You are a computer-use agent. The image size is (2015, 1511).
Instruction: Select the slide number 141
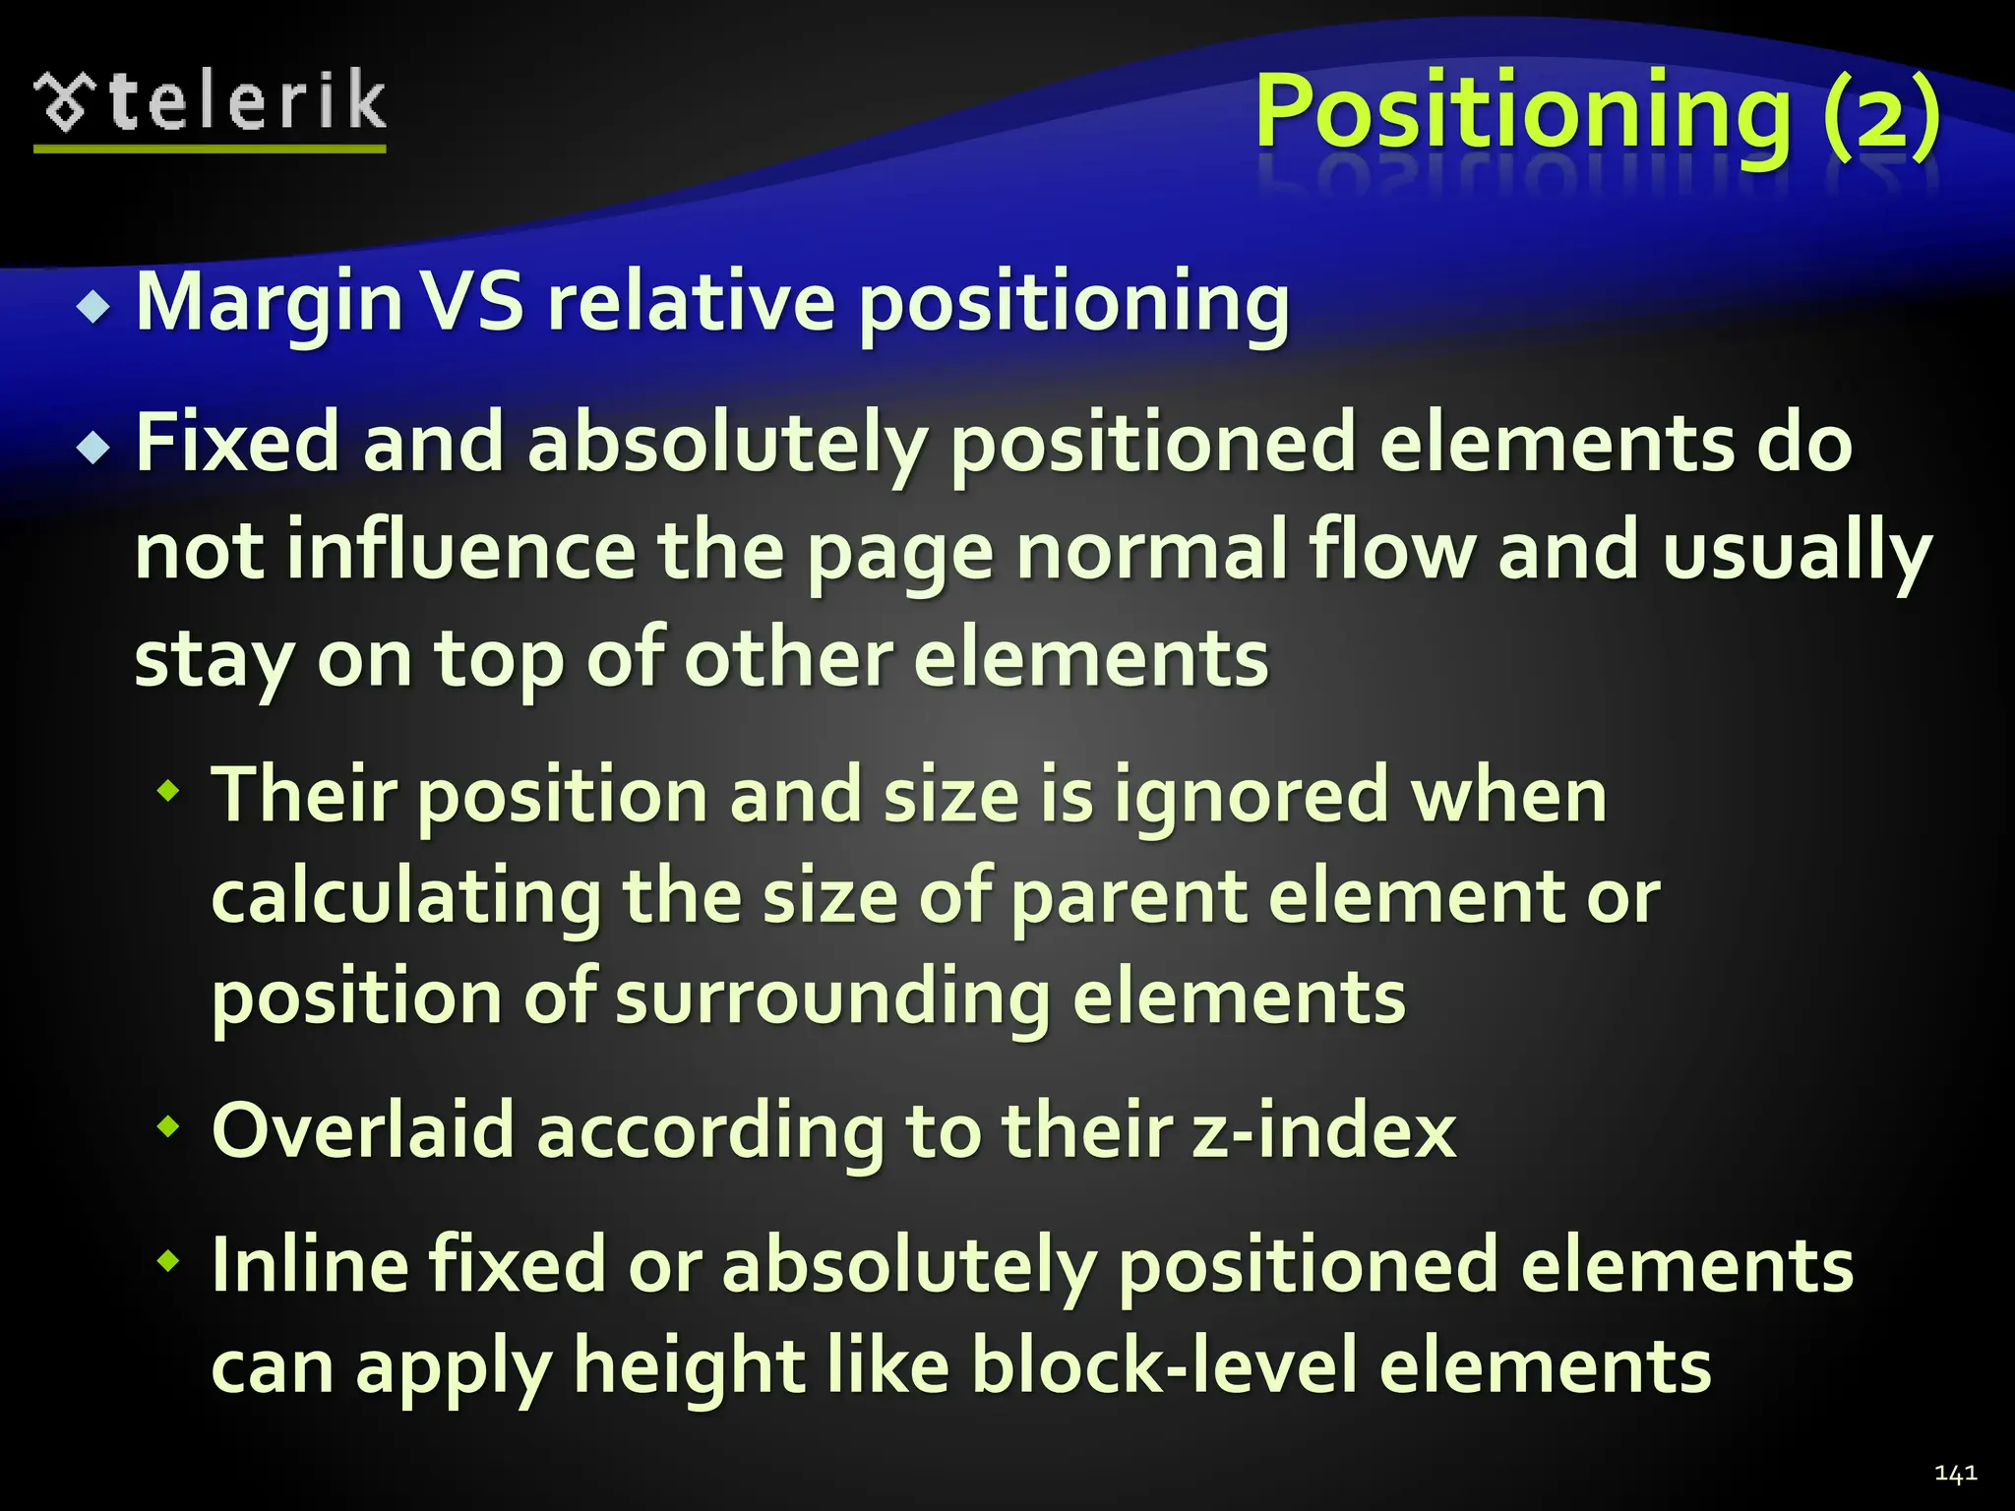[1955, 1473]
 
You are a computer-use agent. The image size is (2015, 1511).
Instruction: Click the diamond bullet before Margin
[94, 308]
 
